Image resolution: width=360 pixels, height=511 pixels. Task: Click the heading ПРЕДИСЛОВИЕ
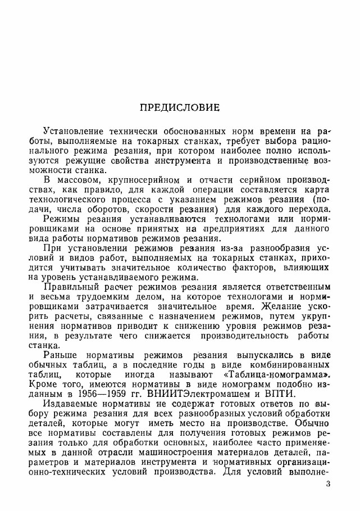[x=180, y=107]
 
